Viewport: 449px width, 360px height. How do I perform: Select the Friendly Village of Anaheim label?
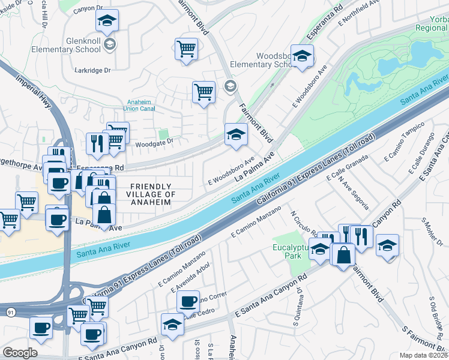(x=150, y=194)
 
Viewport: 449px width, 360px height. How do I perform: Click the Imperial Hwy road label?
(x=35, y=91)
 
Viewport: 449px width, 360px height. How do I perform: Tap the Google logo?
(x=20, y=352)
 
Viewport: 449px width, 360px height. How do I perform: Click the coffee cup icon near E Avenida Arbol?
(x=188, y=300)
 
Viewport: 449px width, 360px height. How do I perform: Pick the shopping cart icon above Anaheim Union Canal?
(x=203, y=92)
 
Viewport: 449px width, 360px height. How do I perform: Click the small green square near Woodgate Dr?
(x=163, y=134)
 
